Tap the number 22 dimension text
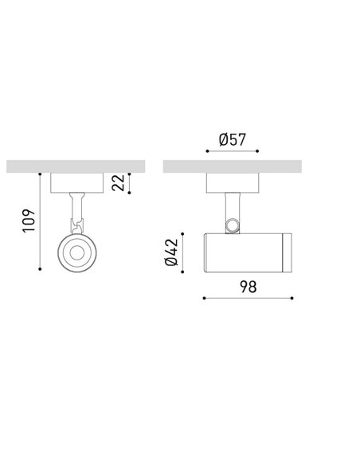(118, 183)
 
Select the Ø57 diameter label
(232, 141)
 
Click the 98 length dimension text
(248, 287)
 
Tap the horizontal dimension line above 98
(248, 299)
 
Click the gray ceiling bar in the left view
(75, 166)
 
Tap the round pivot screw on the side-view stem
(233, 226)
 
